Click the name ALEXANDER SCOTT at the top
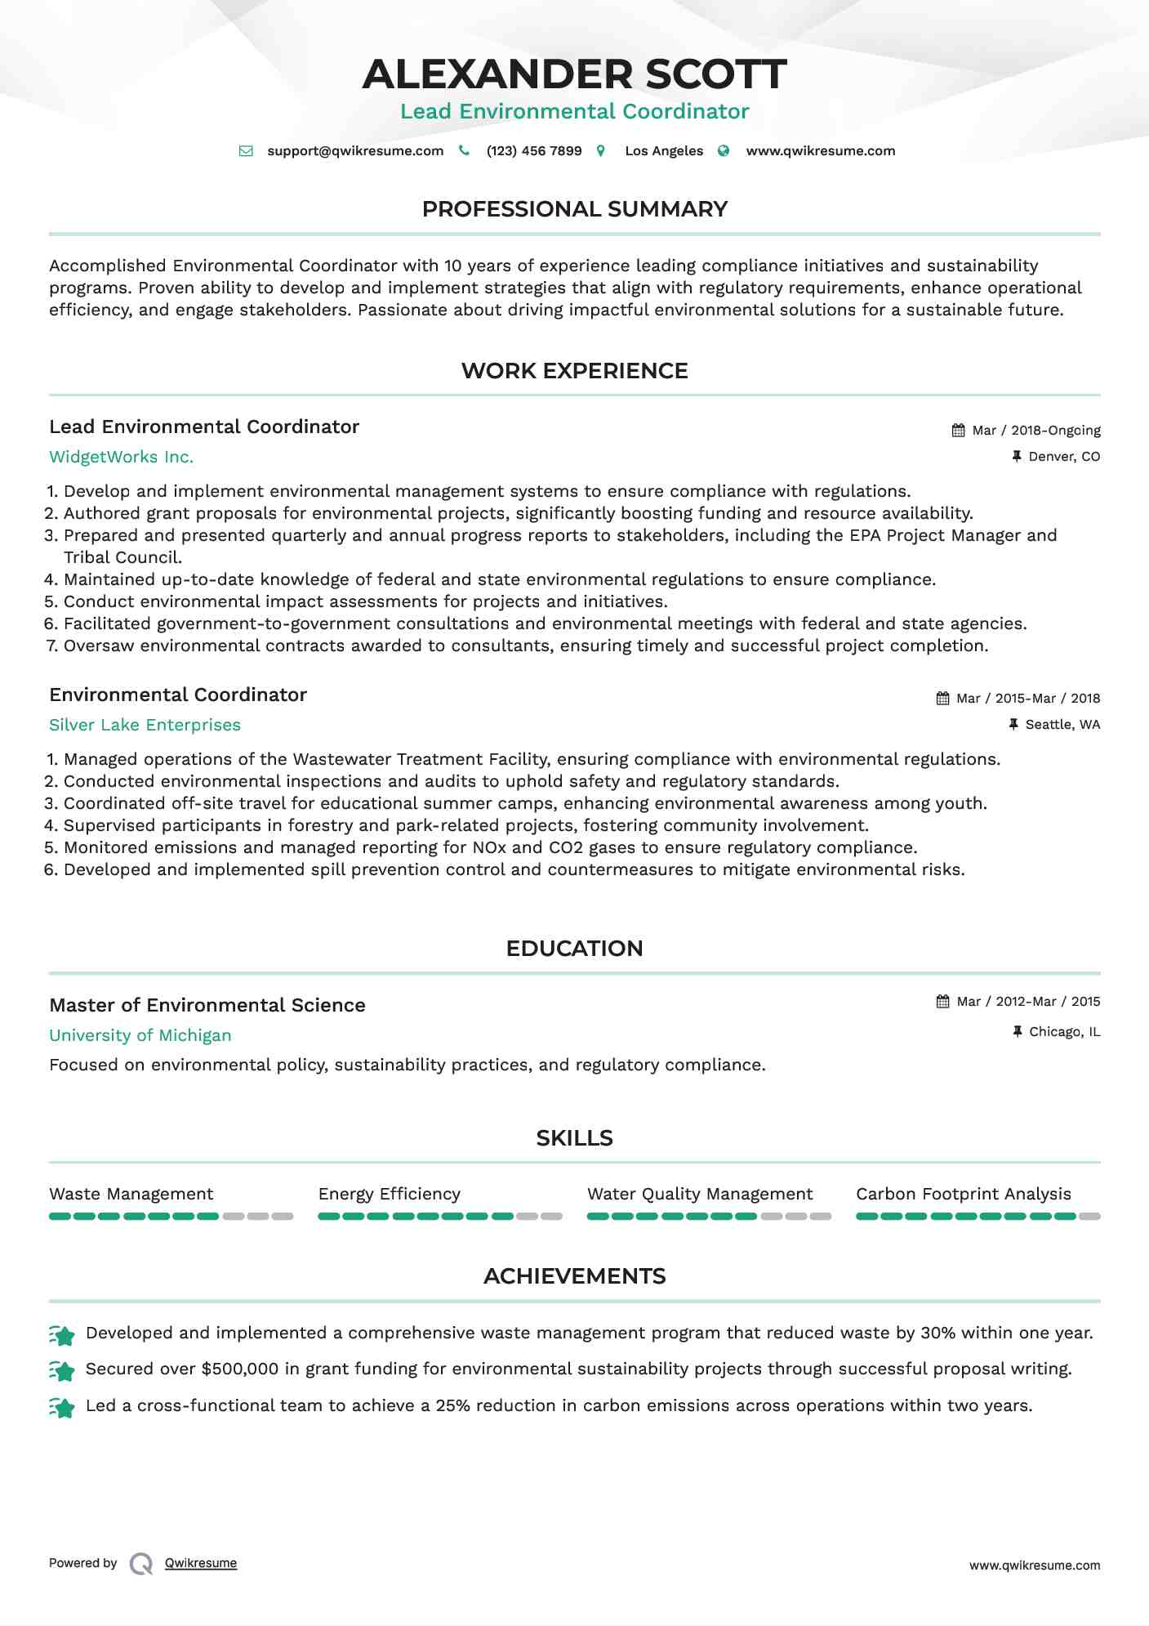click(574, 74)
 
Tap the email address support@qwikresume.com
click(355, 151)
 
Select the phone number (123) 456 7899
click(533, 151)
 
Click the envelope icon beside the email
click(246, 151)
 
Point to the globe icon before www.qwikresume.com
click(724, 151)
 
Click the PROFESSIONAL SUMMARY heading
click(574, 209)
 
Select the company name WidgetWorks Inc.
click(121, 457)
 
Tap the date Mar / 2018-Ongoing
click(1035, 431)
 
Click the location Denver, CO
click(1063, 457)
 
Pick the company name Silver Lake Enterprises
click(145, 725)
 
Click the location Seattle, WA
click(1062, 725)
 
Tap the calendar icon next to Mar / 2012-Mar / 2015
click(942, 1002)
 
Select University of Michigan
click(140, 1035)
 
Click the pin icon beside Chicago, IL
click(1017, 1032)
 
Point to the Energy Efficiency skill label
click(389, 1194)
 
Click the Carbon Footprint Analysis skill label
click(963, 1194)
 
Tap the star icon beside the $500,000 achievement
click(62, 1370)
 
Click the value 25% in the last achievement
click(452, 1405)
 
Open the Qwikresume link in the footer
click(200, 1563)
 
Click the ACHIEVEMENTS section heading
click(574, 1276)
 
